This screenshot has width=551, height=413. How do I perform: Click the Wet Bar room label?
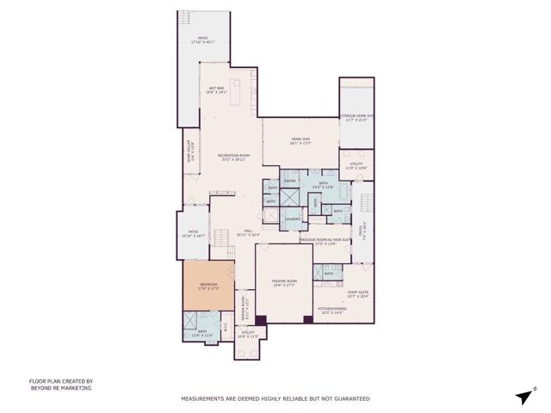pos(216,89)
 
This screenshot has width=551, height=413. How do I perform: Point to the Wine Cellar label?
pos(192,151)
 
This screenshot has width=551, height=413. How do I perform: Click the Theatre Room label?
pos(284,282)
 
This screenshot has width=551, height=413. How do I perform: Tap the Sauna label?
pos(291,181)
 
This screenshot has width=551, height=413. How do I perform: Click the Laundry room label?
pos(292,219)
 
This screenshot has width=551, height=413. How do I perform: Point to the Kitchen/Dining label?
pos(331,310)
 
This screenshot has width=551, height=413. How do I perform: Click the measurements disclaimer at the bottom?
pos(275,399)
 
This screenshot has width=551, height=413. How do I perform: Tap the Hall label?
pos(248,232)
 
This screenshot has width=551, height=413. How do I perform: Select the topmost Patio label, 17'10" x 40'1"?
pos(203,40)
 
